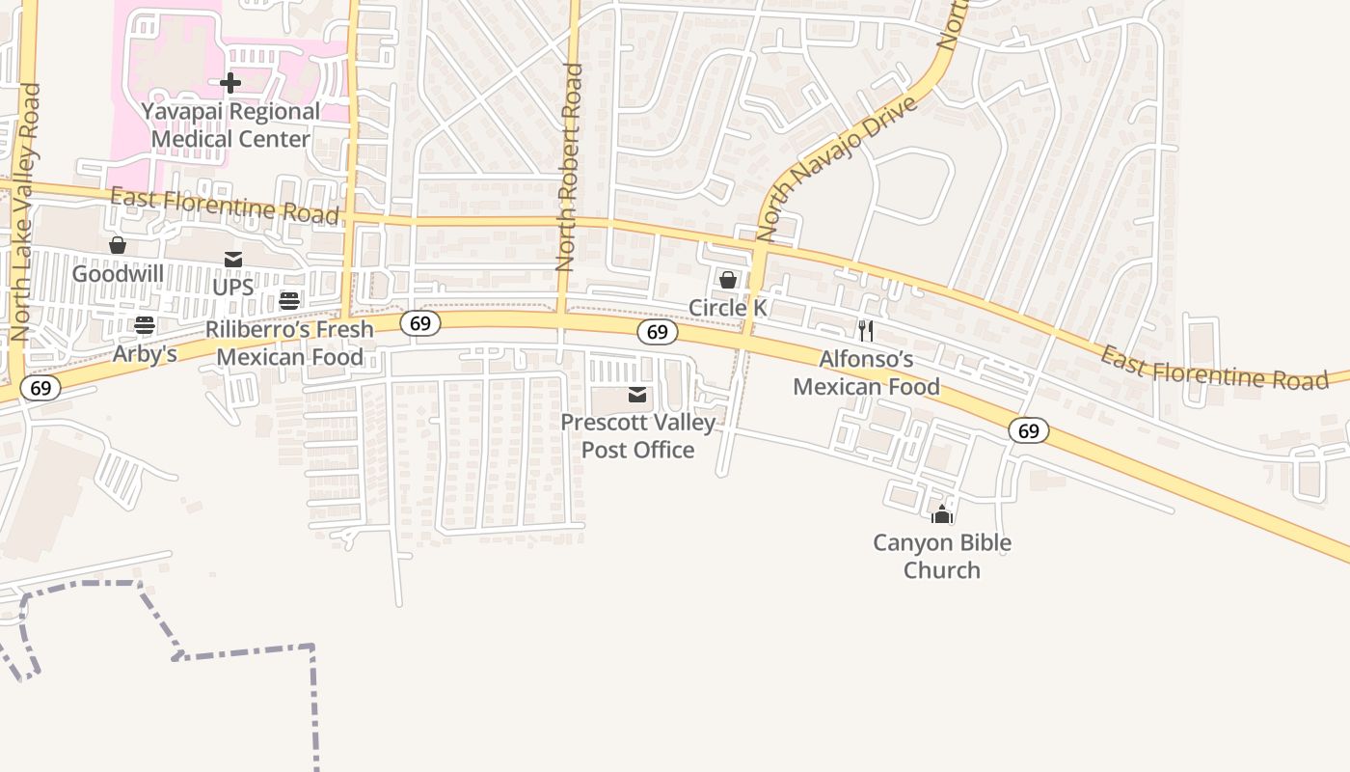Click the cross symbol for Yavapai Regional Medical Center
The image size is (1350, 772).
tap(230, 83)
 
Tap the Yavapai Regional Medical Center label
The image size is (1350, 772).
tap(230, 125)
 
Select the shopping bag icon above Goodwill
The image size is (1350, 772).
tap(118, 246)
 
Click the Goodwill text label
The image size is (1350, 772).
tap(118, 274)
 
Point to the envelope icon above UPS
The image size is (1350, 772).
tap(233, 260)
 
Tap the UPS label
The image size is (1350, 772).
tap(233, 288)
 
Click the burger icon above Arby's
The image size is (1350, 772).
tap(145, 325)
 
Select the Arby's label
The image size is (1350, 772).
tap(145, 354)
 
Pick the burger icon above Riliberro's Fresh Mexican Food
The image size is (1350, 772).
tap(289, 301)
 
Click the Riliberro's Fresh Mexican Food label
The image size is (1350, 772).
tap(289, 344)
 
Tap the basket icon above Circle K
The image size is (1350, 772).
tap(728, 280)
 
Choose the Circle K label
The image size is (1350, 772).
tap(728, 308)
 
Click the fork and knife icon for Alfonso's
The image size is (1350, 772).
tap(866, 331)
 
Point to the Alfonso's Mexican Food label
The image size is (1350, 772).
tap(866, 373)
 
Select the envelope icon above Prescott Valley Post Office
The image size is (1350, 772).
tap(637, 395)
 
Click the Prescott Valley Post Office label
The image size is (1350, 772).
tap(638, 436)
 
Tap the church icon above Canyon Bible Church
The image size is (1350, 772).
tap(942, 514)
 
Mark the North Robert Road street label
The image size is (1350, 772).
tap(570, 166)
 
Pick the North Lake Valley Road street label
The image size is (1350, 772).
tap(26, 212)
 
